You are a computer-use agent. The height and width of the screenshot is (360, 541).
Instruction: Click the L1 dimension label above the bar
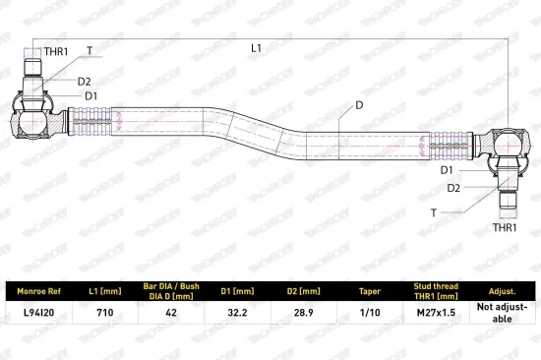tap(256, 48)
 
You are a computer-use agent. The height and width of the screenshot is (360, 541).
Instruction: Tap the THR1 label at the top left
tap(56, 52)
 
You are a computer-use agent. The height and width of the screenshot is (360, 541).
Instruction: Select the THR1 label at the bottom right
tap(505, 227)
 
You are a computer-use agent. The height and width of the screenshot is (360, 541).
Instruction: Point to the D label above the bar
tap(359, 105)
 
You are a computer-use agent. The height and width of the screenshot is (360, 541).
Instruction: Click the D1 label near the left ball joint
tap(91, 96)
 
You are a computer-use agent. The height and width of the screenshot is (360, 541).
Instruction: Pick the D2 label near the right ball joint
tap(453, 188)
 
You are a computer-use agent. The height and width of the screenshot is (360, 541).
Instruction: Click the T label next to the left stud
tap(90, 51)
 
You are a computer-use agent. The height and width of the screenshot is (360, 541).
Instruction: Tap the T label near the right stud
tap(434, 213)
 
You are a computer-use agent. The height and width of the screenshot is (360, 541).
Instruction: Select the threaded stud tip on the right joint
tap(509, 201)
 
